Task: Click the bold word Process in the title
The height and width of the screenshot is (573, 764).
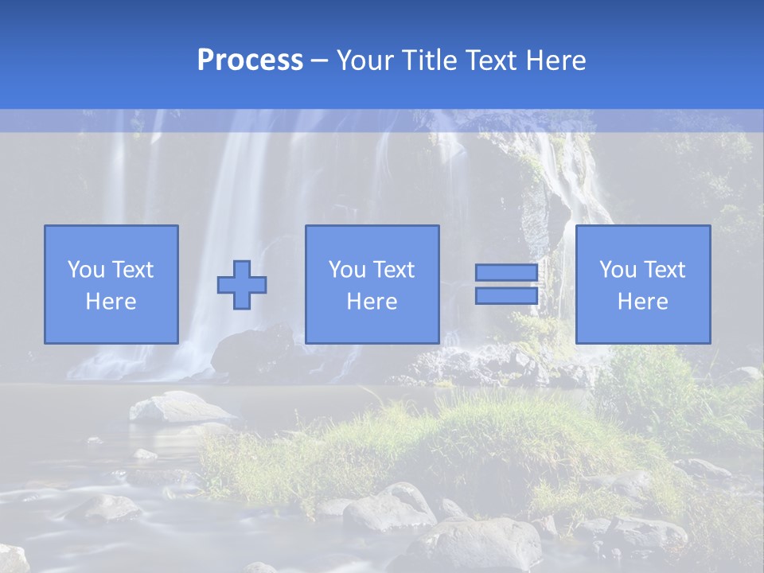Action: tap(250, 60)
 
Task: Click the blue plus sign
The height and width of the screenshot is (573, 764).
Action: tap(242, 285)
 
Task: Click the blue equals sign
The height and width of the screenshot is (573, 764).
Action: tap(506, 284)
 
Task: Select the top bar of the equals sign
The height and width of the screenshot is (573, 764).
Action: tap(506, 273)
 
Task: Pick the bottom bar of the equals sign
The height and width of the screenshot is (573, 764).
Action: tap(506, 295)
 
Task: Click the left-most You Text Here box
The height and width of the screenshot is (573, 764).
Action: tap(111, 284)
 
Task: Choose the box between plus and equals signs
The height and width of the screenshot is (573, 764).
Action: tap(372, 284)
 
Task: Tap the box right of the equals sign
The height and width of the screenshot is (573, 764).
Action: tap(643, 284)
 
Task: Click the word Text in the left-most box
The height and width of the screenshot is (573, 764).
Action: tap(132, 270)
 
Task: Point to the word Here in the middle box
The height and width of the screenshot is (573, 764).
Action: tap(372, 302)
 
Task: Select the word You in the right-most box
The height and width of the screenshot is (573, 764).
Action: tap(618, 270)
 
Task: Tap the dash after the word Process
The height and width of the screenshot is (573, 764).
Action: tap(319, 61)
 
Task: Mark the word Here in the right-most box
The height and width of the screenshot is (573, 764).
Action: tap(643, 302)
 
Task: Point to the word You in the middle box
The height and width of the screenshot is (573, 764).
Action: tap(347, 270)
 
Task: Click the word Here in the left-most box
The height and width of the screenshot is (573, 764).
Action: tap(111, 302)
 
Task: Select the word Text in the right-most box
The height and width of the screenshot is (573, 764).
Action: tap(664, 270)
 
